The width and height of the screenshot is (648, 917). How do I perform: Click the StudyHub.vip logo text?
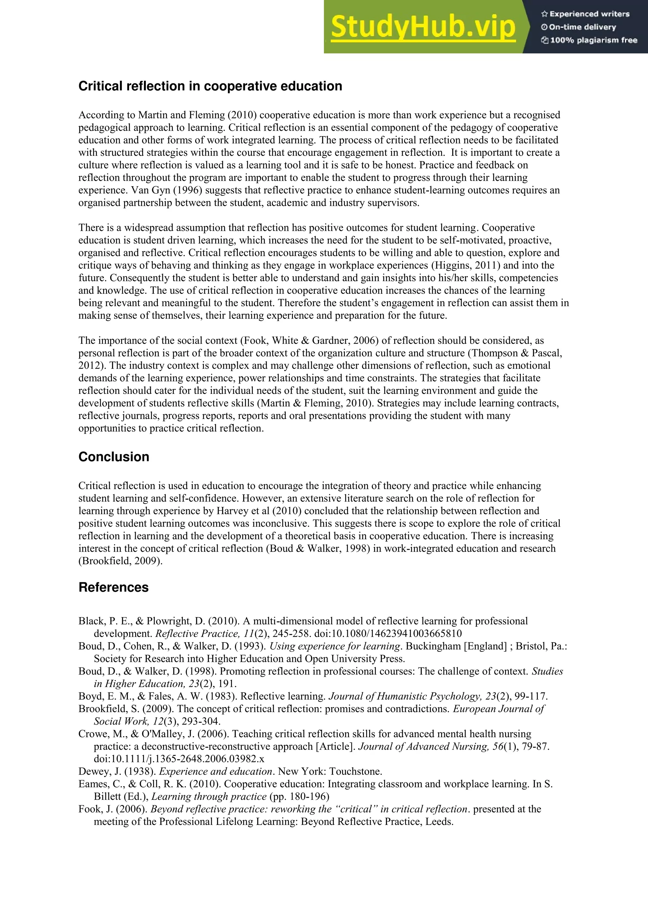point(423,27)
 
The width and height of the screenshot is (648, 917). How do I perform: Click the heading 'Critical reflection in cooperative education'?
point(210,86)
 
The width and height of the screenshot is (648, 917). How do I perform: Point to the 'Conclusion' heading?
point(114,457)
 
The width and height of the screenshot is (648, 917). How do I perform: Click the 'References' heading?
point(113,587)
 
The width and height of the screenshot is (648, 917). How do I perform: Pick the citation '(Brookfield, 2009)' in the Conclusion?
point(121,561)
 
